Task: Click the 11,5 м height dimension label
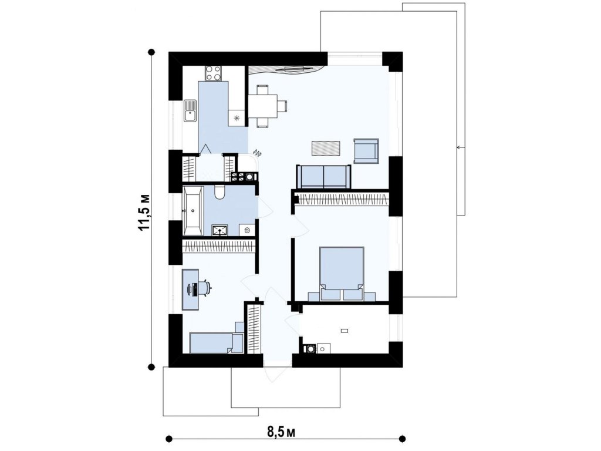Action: (x=144, y=212)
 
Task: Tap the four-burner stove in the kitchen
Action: (x=214, y=73)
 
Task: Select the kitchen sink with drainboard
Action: (x=190, y=111)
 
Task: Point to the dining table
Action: (x=264, y=106)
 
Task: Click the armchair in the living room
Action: (x=366, y=151)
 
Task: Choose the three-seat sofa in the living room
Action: (x=323, y=176)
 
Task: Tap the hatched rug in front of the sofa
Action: (x=326, y=149)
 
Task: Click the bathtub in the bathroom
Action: (x=193, y=211)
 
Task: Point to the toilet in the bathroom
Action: (x=220, y=192)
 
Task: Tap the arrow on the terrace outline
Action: (x=461, y=147)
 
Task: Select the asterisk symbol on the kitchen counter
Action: (x=236, y=117)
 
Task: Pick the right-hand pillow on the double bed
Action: (x=353, y=294)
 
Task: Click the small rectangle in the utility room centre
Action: (x=345, y=331)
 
